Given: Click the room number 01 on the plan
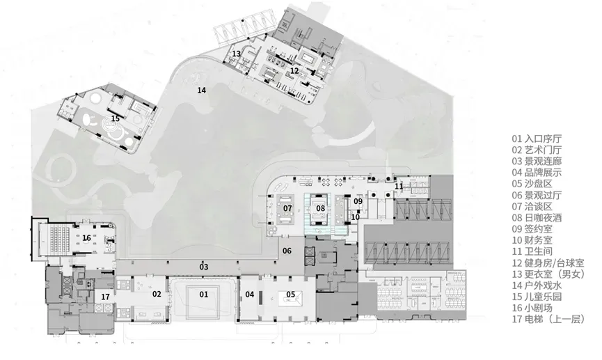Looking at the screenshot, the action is point(203,295).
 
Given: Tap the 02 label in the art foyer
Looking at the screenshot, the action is point(157,295).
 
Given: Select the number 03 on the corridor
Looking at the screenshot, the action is point(203,267).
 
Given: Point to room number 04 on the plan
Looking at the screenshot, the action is point(250,295).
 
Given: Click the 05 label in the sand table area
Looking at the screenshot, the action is point(291,295).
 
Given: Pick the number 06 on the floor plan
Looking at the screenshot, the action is point(287,251).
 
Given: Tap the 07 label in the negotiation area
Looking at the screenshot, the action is point(287,208).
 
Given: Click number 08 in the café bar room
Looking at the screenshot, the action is point(321,208).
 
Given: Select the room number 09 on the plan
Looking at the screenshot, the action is point(358,201).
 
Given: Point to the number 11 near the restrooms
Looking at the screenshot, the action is point(399,187).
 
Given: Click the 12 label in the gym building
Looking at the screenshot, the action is point(294,71).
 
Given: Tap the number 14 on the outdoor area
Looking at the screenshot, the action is point(202,91).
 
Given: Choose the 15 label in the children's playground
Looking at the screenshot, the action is point(115,118).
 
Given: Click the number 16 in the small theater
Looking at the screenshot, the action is point(87,238).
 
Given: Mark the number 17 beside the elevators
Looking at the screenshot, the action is point(105,297).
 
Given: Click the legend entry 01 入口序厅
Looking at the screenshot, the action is point(537,139).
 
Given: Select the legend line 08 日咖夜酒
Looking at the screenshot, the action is point(537,218).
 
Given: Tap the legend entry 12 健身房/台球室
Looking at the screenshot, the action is point(548,263).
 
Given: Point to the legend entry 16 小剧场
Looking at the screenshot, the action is point(532,308).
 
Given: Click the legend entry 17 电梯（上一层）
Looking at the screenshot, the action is point(548,319).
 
